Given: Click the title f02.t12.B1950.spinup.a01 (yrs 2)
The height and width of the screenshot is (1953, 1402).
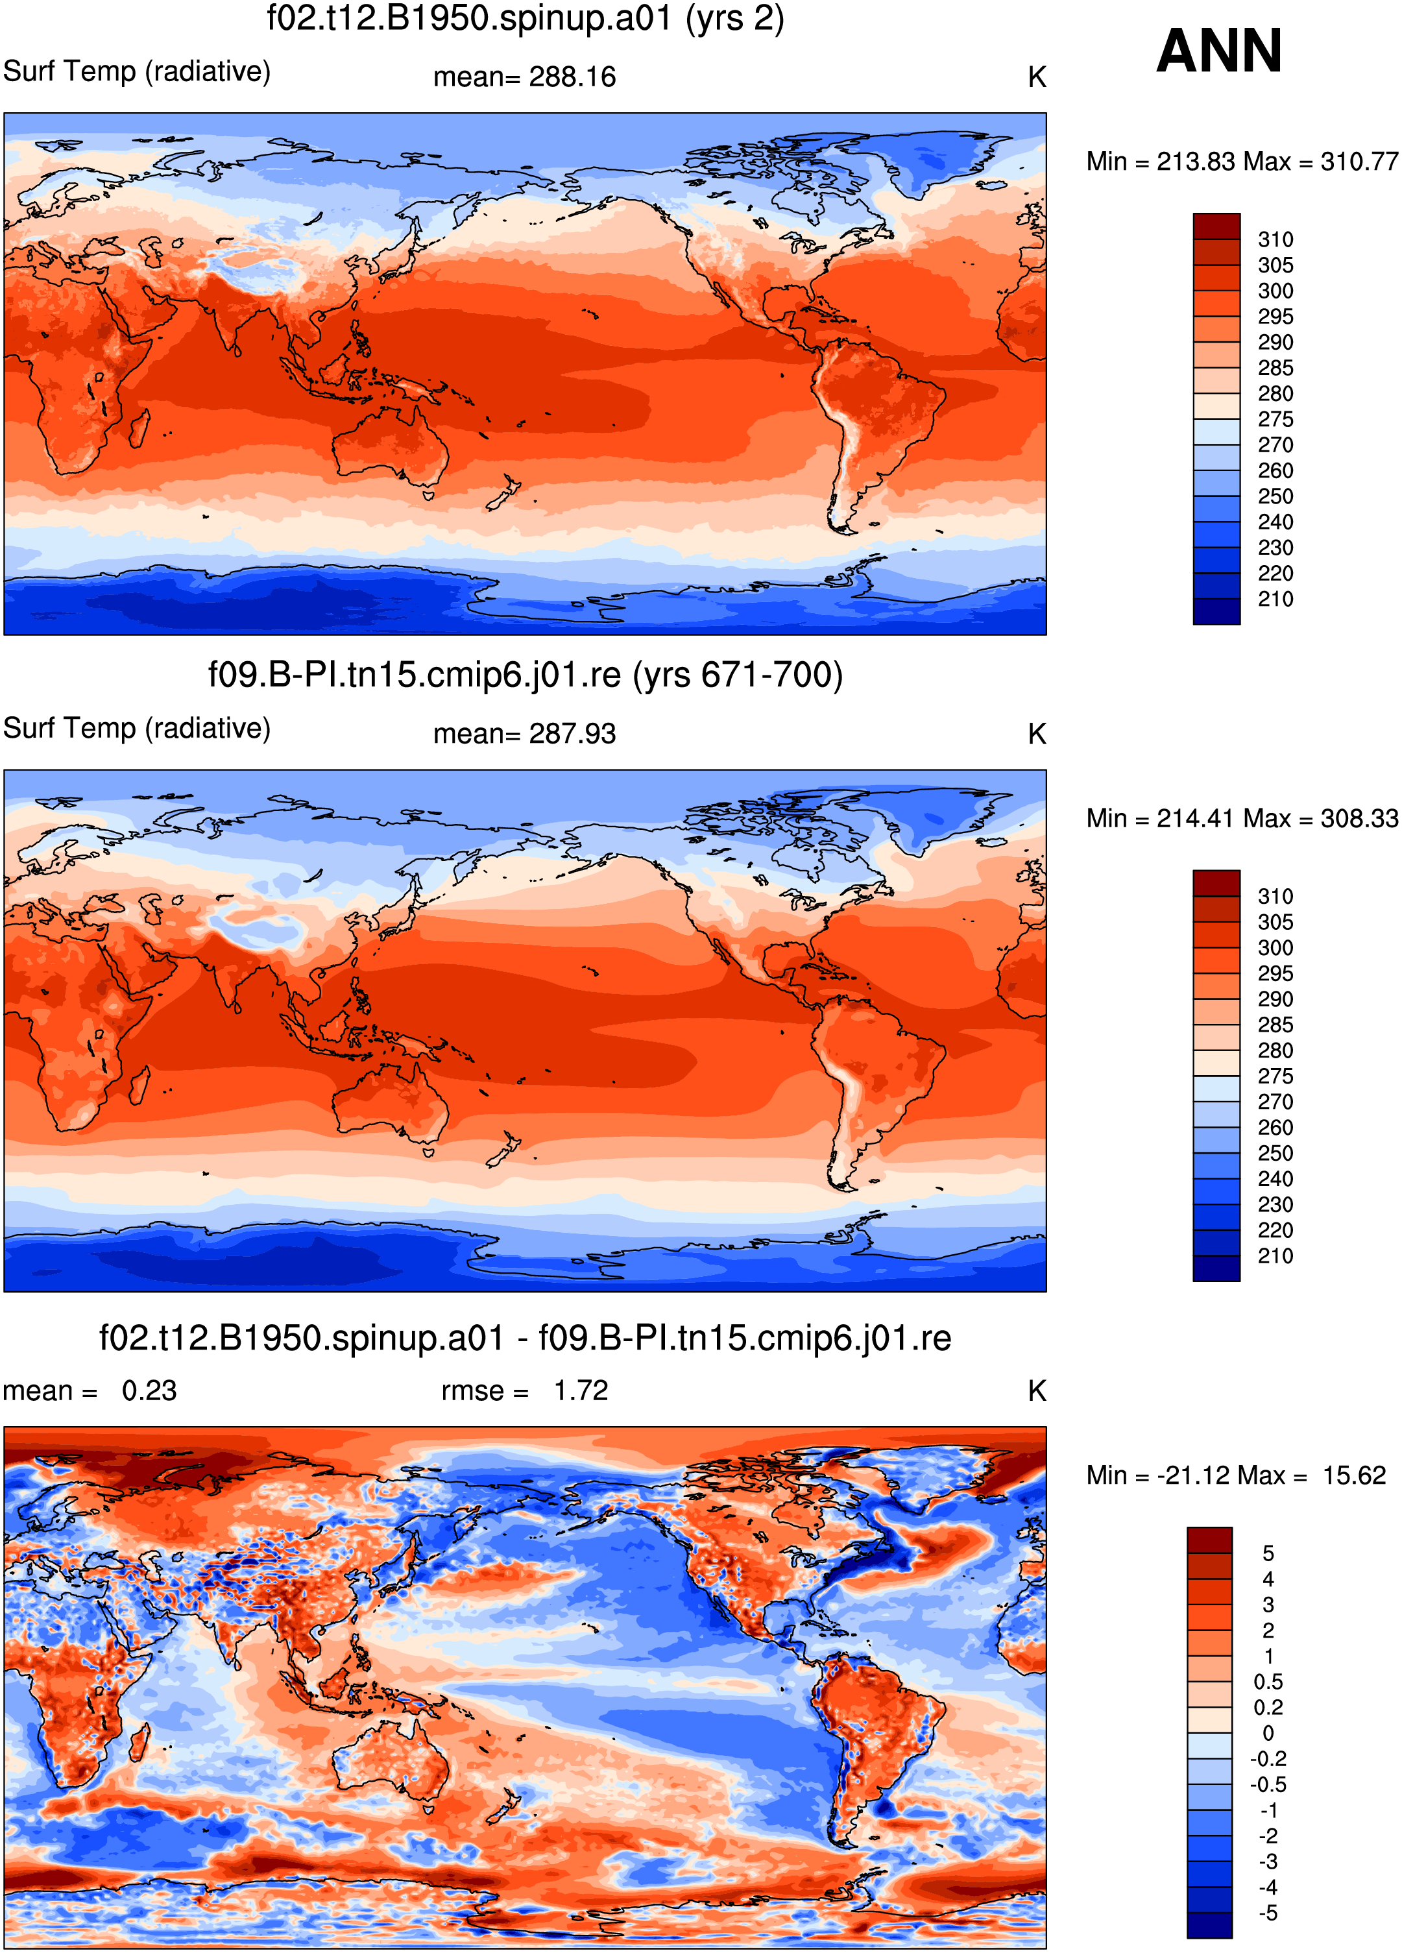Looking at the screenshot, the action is pyautogui.click(x=526, y=18).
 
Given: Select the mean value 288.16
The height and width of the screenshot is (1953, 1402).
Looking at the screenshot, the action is pyautogui.click(x=573, y=77).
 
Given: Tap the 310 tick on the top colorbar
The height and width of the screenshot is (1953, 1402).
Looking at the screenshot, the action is pyautogui.click(x=1275, y=239).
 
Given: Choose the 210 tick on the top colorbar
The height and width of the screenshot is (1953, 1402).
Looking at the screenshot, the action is pyautogui.click(x=1275, y=600).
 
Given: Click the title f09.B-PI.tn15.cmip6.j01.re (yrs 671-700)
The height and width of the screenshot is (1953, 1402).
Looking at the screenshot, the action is pyautogui.click(x=526, y=675).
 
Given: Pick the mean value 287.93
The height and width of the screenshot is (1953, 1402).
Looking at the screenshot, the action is pyautogui.click(x=573, y=734).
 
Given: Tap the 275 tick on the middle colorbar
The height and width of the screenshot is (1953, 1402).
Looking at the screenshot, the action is pyautogui.click(x=1275, y=1076).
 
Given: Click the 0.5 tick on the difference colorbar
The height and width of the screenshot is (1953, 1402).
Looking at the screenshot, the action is pyautogui.click(x=1268, y=1682).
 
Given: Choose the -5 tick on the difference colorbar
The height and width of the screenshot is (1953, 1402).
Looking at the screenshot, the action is pyautogui.click(x=1268, y=1913).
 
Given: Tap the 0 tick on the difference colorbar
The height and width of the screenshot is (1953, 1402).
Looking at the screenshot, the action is pyautogui.click(x=1268, y=1734).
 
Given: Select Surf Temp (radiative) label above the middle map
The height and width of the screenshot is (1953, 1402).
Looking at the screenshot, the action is pyautogui.click(x=137, y=729).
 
